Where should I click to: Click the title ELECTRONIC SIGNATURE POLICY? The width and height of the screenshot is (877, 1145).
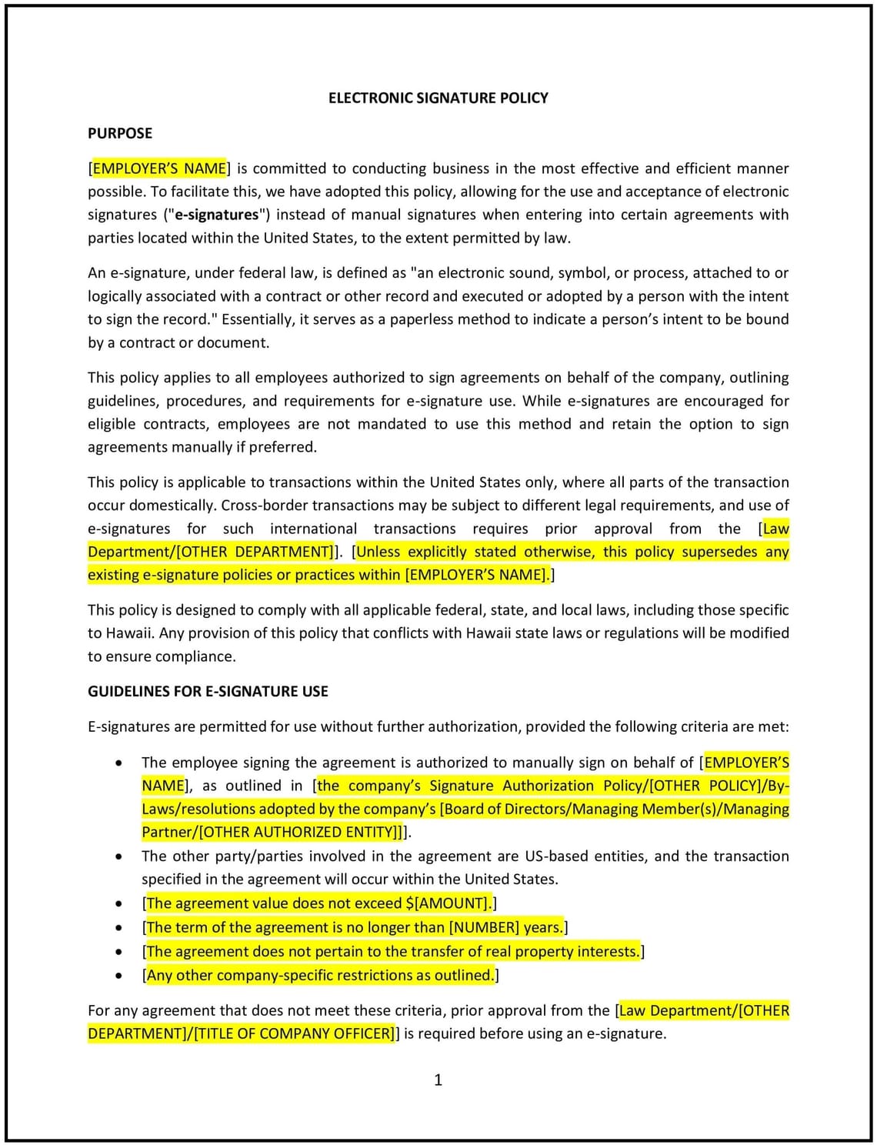[438, 98]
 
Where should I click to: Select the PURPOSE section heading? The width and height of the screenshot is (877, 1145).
[120, 133]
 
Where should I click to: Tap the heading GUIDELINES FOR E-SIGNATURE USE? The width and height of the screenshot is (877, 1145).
[208, 691]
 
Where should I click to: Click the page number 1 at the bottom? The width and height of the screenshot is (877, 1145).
[438, 1080]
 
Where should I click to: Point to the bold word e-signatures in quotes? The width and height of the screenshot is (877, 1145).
[216, 215]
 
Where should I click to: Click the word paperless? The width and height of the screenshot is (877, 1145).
[425, 319]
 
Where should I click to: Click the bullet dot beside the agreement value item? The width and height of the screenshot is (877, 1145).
[118, 904]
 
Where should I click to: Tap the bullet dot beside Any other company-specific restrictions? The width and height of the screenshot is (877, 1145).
[118, 976]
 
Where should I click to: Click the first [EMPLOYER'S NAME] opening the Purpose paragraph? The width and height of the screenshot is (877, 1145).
[159, 169]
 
